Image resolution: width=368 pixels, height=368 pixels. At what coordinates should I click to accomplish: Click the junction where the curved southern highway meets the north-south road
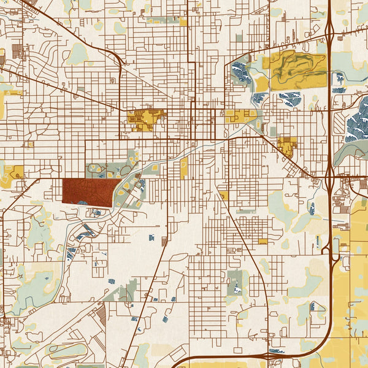[268, 355]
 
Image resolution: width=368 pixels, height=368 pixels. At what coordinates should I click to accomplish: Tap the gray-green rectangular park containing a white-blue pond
[235, 282]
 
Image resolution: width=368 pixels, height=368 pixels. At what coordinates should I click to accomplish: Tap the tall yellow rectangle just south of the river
[184, 167]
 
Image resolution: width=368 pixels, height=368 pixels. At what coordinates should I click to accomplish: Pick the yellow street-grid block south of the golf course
[286, 146]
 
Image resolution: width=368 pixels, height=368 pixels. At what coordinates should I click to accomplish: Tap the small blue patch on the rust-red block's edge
[82, 203]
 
